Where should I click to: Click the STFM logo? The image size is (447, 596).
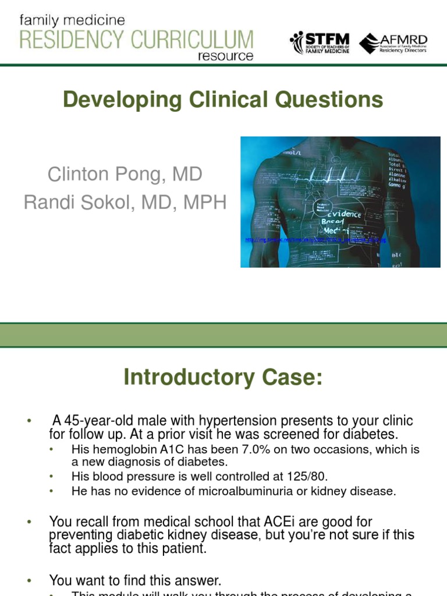(x=318, y=42)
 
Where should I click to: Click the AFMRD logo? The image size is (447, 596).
(x=393, y=43)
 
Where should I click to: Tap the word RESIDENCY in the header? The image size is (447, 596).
(x=69, y=40)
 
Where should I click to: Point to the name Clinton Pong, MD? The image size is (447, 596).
(x=125, y=174)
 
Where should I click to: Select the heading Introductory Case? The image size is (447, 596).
(x=222, y=378)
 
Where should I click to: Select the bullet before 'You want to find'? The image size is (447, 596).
(x=29, y=580)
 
